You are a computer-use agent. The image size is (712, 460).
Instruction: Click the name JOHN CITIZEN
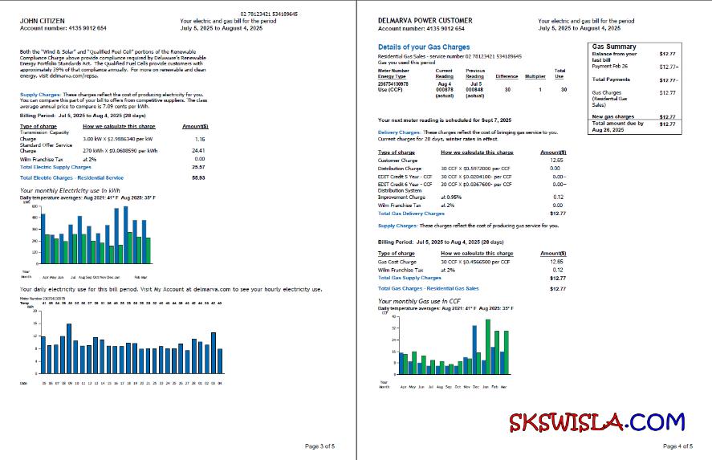(x=37, y=20)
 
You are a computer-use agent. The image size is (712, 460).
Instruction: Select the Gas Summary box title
(x=614, y=47)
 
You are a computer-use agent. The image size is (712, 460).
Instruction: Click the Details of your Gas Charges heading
(x=424, y=47)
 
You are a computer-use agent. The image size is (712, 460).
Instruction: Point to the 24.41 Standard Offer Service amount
(x=199, y=150)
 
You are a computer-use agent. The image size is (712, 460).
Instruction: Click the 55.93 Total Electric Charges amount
(x=198, y=177)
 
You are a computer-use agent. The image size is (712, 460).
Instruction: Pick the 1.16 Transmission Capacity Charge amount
(x=200, y=140)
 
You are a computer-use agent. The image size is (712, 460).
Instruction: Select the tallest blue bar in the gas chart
(x=474, y=348)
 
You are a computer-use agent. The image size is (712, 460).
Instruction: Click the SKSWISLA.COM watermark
(x=596, y=421)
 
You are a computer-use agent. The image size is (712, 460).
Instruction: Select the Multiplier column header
(x=535, y=76)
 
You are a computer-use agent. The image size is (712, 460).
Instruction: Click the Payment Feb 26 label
(x=611, y=66)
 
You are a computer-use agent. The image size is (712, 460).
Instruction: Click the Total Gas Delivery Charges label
(x=411, y=214)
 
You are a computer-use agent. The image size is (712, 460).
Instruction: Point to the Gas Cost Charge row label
(x=397, y=262)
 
